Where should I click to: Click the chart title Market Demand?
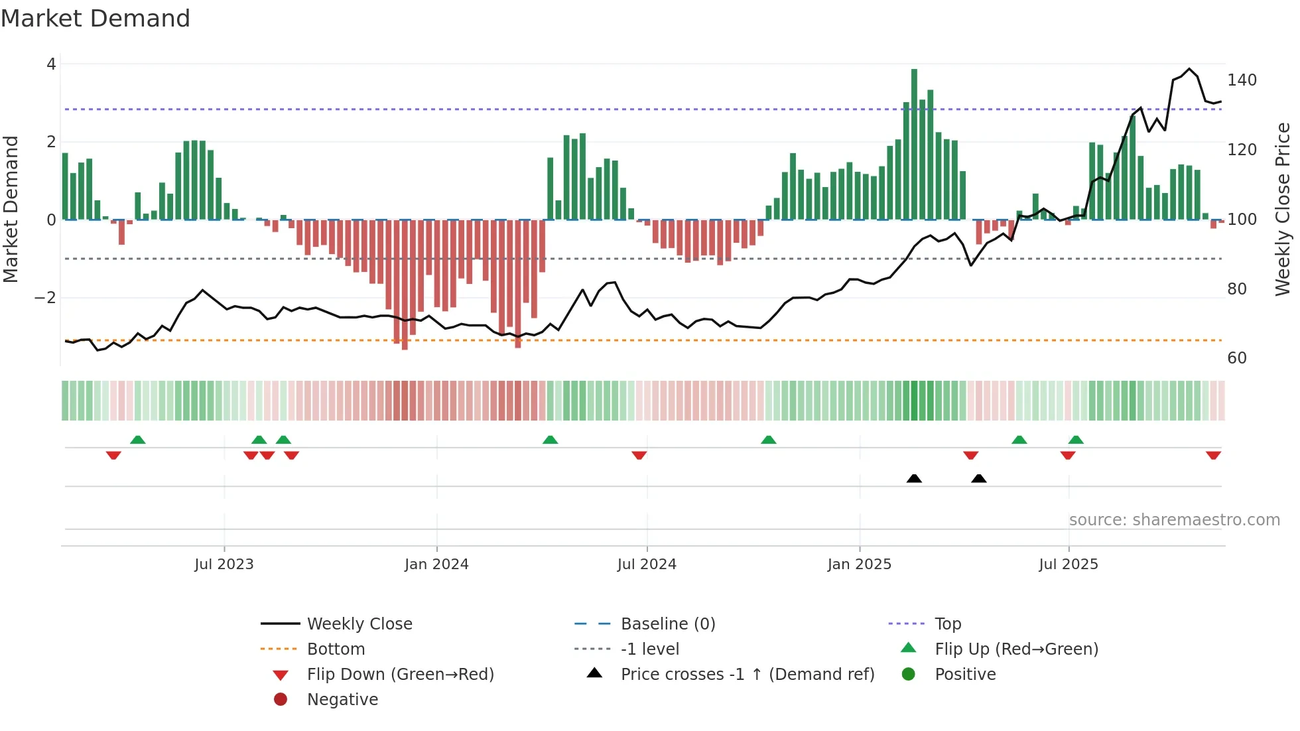[96, 19]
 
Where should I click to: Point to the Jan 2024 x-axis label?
[436, 565]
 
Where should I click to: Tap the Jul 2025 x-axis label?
[1068, 565]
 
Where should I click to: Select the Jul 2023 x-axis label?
[224, 565]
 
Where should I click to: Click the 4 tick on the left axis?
[51, 64]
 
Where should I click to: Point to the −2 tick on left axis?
[46, 298]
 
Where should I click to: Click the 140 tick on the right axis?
[1242, 80]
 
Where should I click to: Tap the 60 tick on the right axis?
[1237, 358]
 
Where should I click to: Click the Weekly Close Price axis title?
[1283, 209]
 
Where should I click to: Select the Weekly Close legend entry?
[359, 624]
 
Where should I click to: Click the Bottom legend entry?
[336, 649]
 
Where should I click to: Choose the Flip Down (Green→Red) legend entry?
[400, 675]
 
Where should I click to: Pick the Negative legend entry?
[342, 700]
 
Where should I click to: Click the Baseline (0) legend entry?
[667, 624]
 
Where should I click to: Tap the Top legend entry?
[947, 624]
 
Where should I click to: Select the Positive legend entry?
[964, 675]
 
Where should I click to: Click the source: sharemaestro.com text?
[1174, 520]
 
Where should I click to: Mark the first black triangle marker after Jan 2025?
[914, 478]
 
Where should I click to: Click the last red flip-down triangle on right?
[1213, 455]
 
